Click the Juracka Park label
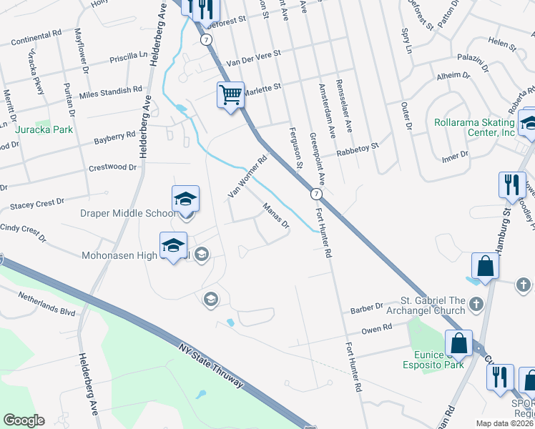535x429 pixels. pos(44,130)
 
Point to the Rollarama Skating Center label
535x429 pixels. pos(474,127)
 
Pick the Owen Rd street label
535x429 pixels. pos(377,328)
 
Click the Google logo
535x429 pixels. pos(24,420)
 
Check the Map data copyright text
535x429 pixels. pos(505,423)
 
